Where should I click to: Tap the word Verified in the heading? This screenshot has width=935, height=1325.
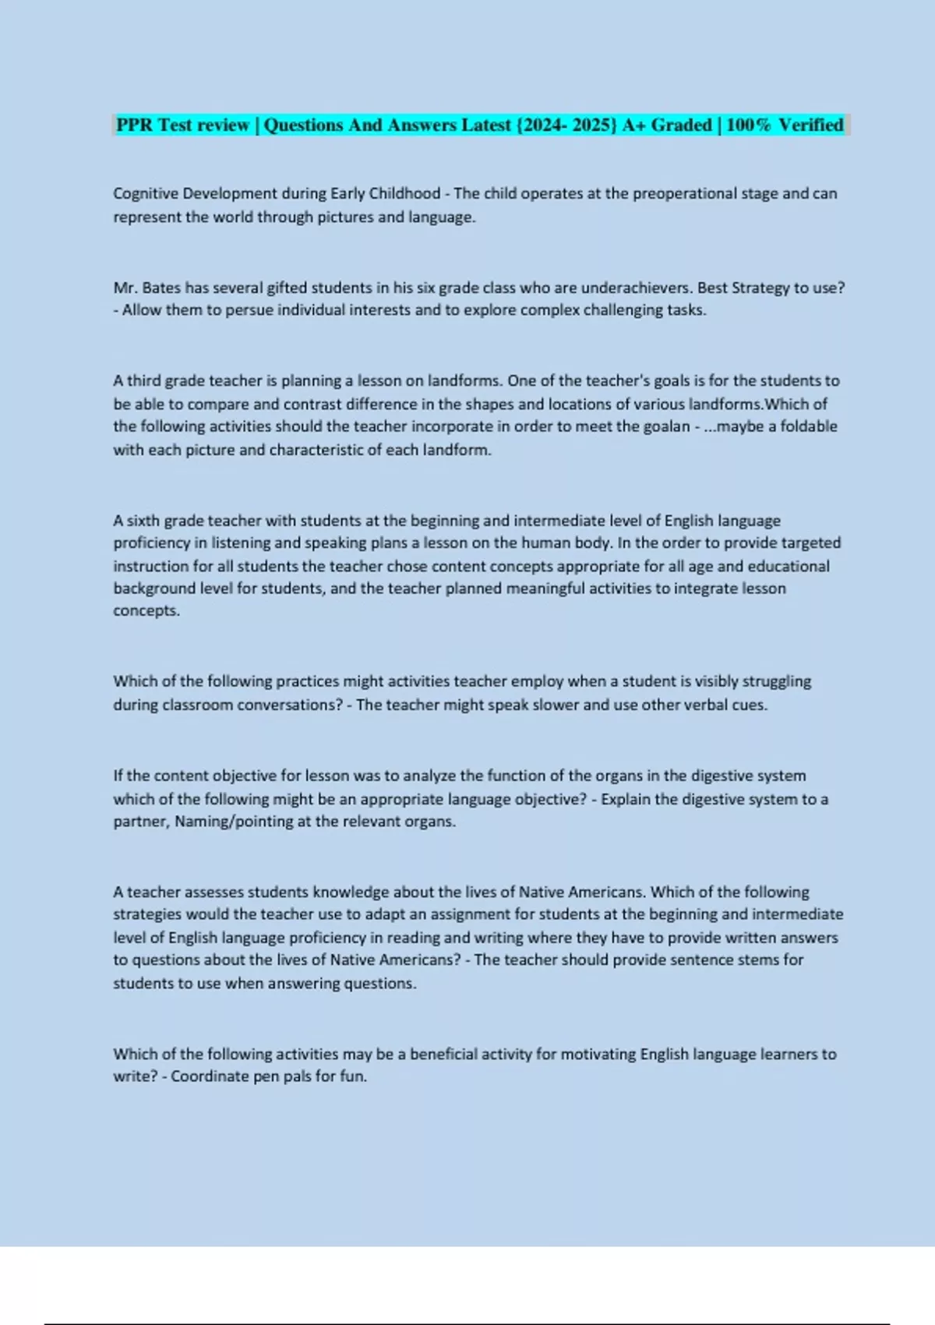click(x=811, y=125)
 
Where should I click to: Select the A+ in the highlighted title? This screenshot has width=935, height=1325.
click(x=633, y=125)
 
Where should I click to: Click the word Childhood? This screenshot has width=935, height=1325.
click(x=404, y=193)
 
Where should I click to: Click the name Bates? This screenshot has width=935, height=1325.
click(x=161, y=288)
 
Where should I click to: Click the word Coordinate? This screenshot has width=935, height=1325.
click(x=210, y=1077)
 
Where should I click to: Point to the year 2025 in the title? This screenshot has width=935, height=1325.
click(x=592, y=125)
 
